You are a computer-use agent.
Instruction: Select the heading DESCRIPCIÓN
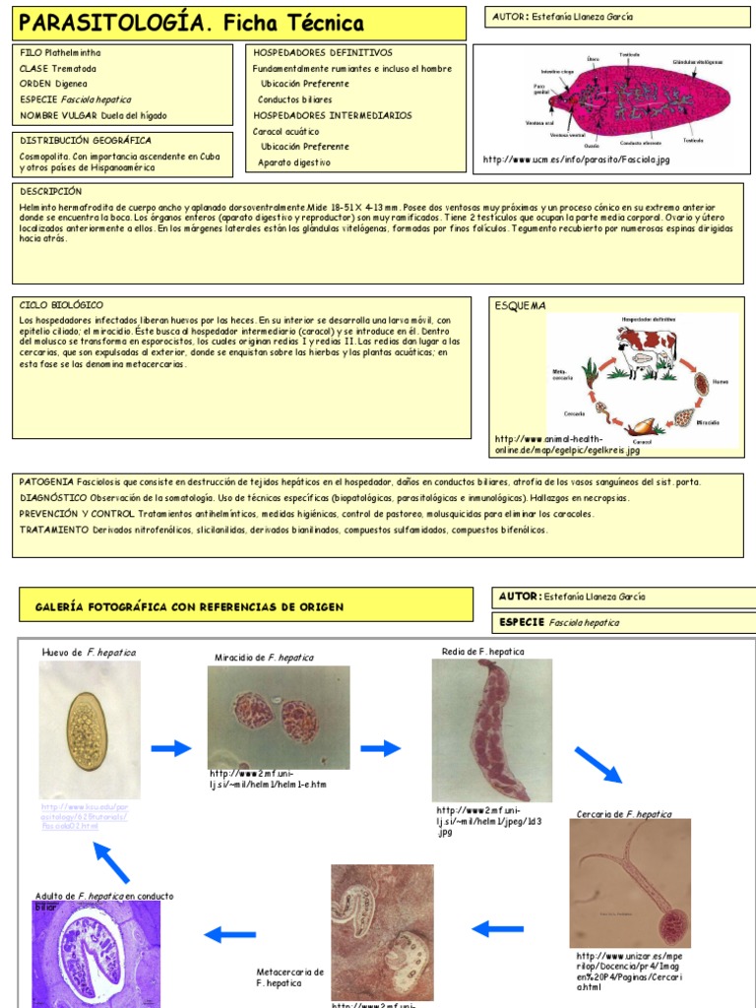click(51, 191)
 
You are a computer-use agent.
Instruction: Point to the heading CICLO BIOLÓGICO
click(61, 305)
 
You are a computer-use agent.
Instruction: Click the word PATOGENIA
click(46, 482)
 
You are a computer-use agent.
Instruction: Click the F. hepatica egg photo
click(90, 728)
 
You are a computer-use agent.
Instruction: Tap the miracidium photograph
click(279, 717)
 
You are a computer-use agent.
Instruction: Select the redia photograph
click(491, 729)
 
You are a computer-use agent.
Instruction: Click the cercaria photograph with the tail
click(630, 882)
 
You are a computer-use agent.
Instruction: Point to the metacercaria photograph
click(382, 931)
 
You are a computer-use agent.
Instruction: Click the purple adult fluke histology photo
click(96, 952)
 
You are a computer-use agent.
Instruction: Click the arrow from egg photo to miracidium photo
click(171, 748)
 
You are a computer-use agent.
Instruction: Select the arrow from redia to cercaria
click(598, 765)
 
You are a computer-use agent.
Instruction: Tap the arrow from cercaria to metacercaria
click(498, 927)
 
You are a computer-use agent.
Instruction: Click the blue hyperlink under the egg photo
click(85, 817)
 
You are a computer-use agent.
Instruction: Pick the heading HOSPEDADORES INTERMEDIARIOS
click(332, 115)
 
